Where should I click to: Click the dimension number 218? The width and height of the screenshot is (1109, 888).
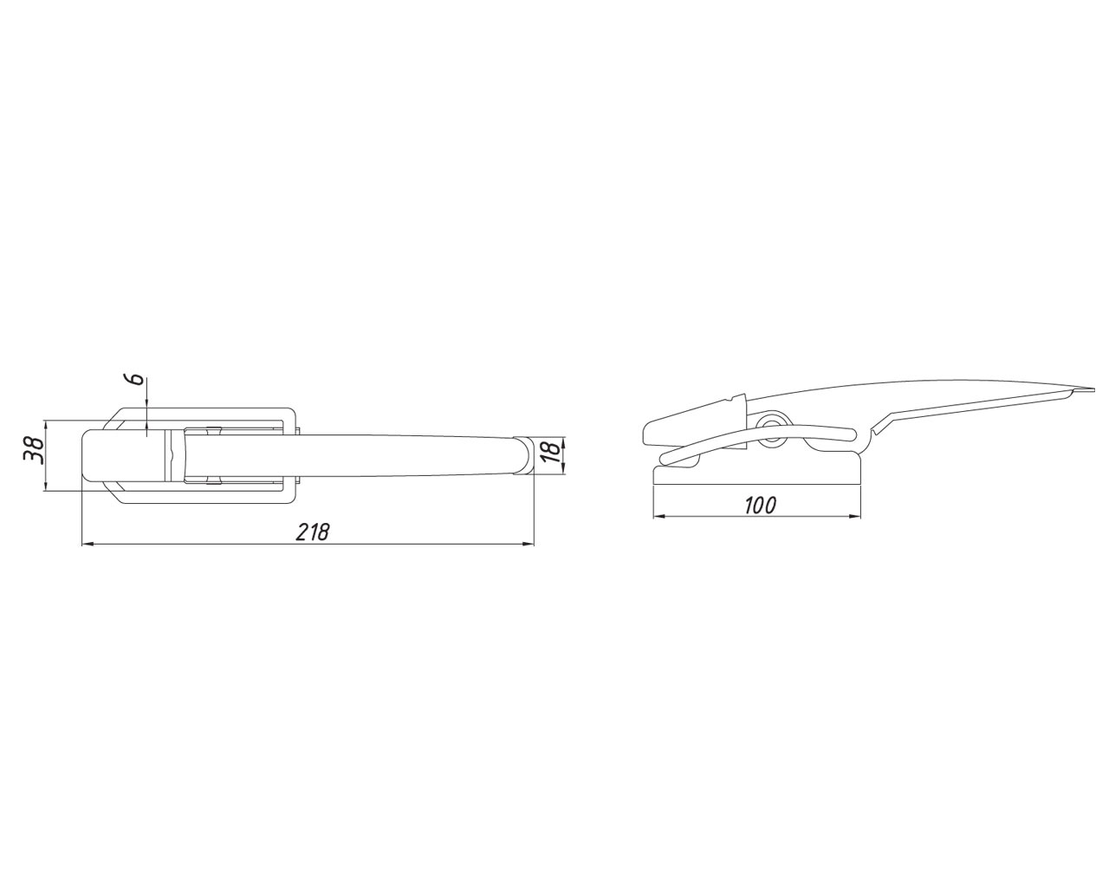[312, 532]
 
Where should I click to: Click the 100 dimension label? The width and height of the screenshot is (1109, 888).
[760, 506]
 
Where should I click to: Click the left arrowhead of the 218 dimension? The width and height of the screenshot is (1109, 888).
[88, 544]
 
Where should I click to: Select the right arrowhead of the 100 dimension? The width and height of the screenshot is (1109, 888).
[855, 517]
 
